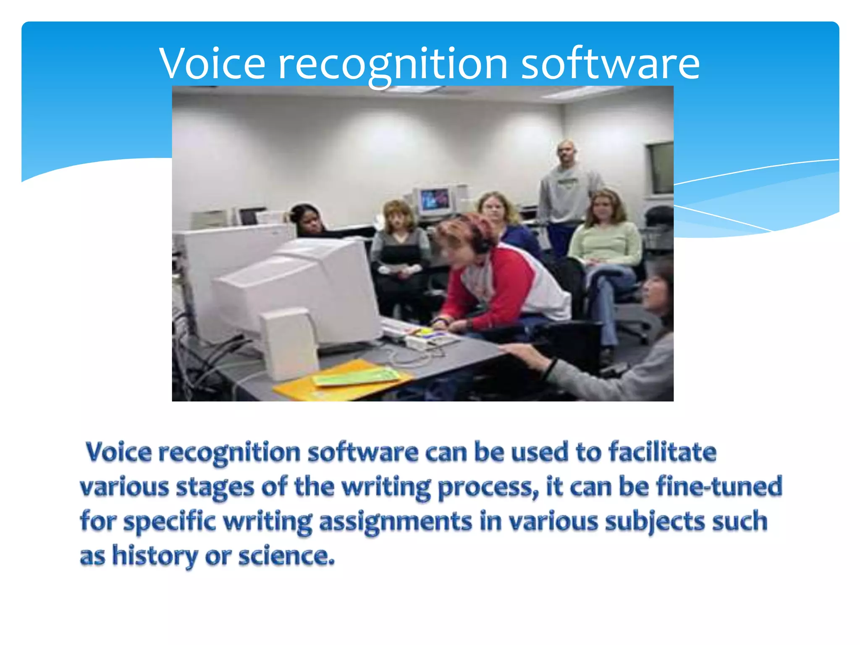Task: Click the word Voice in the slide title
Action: (212, 64)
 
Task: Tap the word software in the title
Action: (610, 64)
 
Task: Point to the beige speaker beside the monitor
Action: (290, 342)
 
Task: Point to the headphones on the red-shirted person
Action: (483, 244)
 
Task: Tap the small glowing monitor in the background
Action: (435, 200)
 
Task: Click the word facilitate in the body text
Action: (662, 452)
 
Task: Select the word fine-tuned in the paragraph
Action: (719, 486)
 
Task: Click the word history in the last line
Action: (155, 556)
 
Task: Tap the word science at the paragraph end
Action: (286, 556)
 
